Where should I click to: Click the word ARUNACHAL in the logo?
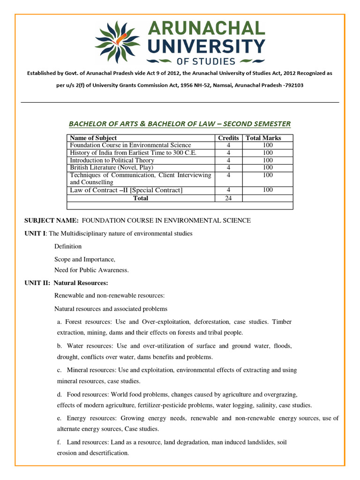(x=206, y=29)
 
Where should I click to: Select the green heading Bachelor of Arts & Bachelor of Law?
(x=180, y=124)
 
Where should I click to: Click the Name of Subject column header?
(x=93, y=138)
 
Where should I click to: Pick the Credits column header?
(x=228, y=138)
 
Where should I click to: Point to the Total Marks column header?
(x=263, y=138)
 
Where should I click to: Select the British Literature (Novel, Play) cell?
(x=112, y=167)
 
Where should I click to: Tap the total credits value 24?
(x=228, y=198)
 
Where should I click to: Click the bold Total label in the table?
(x=141, y=198)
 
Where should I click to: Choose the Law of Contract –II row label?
(x=126, y=190)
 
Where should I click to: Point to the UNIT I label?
(x=35, y=233)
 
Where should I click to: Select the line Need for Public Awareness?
(x=91, y=270)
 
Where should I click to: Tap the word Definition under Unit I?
(x=68, y=246)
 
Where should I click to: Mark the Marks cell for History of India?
(x=268, y=152)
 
